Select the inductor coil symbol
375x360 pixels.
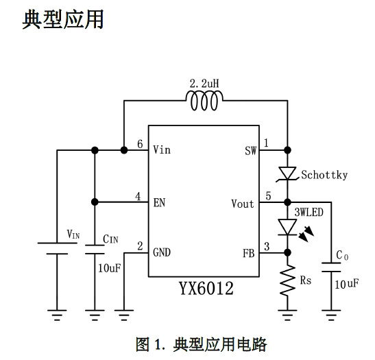click(204, 103)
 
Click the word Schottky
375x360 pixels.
click(324, 175)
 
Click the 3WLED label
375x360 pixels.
click(309, 213)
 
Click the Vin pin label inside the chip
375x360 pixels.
click(162, 149)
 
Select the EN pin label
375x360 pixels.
click(160, 202)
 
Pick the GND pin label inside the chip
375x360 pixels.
click(162, 252)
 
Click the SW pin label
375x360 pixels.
click(250, 150)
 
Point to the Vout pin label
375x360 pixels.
click(243, 203)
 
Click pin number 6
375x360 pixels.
click(140, 145)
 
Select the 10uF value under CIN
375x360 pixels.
click(110, 267)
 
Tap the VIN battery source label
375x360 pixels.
click(73, 235)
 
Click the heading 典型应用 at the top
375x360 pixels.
click(63, 19)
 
